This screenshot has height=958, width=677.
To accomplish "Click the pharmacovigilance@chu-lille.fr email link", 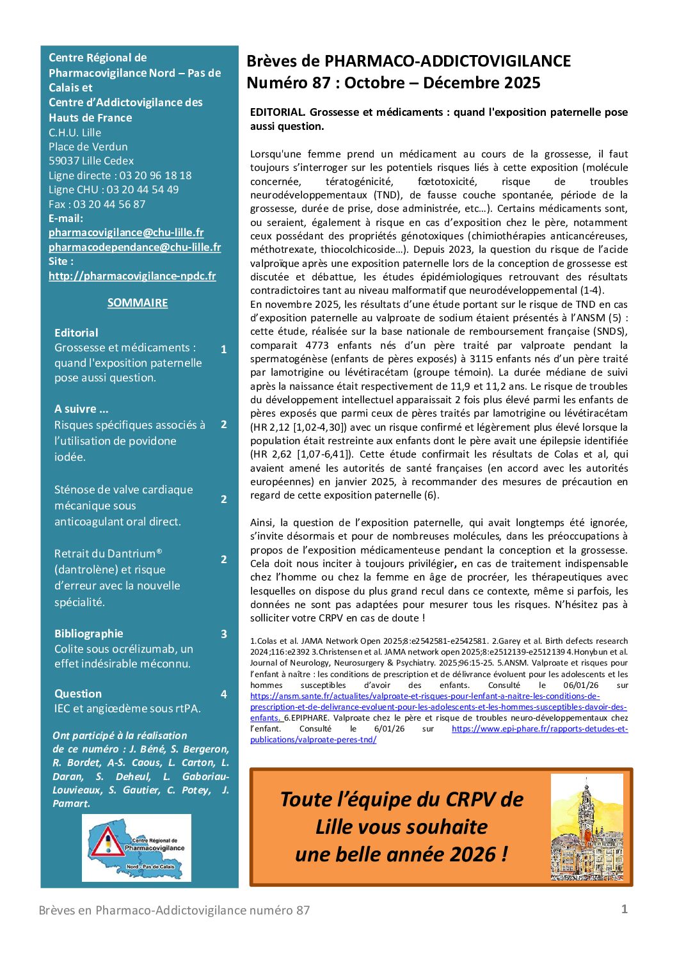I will click(126, 232).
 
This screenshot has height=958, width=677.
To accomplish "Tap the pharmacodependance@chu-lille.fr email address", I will click(134, 247).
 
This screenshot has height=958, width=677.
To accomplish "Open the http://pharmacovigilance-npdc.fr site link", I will click(132, 276).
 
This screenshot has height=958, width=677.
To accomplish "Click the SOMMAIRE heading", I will click(138, 303).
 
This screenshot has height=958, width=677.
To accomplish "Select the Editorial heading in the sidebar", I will click(76, 333).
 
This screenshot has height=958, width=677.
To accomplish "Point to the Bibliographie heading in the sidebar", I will click(88, 634).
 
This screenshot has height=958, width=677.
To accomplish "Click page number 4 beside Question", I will click(223, 694).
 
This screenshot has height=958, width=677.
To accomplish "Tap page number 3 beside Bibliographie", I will click(224, 634).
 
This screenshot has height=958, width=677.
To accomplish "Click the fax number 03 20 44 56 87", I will click(109, 204).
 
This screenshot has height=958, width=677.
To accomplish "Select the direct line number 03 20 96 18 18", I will click(155, 175).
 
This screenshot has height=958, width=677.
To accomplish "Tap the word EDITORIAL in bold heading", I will click(277, 113).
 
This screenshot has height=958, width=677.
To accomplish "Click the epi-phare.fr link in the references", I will click(539, 728).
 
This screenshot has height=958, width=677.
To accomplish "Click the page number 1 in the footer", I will click(625, 909).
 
